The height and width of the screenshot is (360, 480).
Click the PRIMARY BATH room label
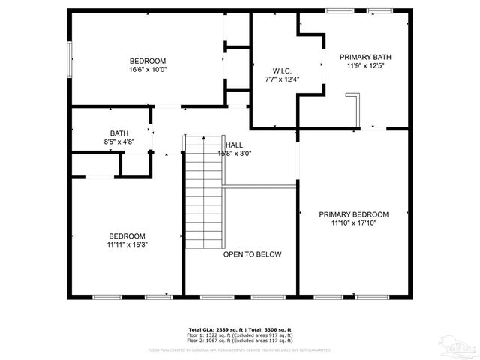pyautogui.click(x=365, y=57)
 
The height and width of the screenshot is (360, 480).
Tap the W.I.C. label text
pyautogui.click(x=271, y=70)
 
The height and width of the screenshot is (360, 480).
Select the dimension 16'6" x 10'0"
pyautogui.click(x=148, y=70)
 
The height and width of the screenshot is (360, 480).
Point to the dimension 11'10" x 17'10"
pyautogui.click(x=353, y=223)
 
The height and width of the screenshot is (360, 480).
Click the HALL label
pyautogui.click(x=234, y=145)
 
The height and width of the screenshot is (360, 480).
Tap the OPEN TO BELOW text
pyautogui.click(x=252, y=254)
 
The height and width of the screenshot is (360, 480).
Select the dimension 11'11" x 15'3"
pyautogui.click(x=127, y=244)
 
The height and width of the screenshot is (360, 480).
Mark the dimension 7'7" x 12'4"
pyautogui.click(x=271, y=79)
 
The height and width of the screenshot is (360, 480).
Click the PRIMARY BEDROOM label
pyautogui.click(x=353, y=214)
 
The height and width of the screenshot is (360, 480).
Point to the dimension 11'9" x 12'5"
pyautogui.click(x=365, y=66)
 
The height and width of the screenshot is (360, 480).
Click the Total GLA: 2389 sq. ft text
pyautogui.click(x=214, y=329)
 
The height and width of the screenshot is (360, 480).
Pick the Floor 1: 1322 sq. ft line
pyautogui.click(x=239, y=334)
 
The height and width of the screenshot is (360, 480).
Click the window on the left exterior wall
pyautogui.click(x=70, y=58)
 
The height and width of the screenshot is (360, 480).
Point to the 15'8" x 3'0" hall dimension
pyautogui.click(x=234, y=154)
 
